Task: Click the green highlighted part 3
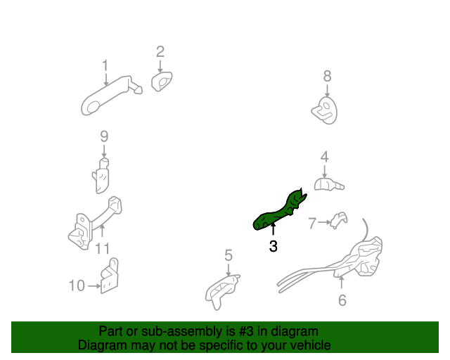click(281, 210)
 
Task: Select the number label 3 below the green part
click(273, 247)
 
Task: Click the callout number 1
click(105, 65)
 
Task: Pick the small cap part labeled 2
click(162, 82)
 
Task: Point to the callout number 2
click(160, 51)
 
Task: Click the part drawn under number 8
click(324, 108)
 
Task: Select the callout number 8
click(327, 76)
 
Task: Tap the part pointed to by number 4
click(328, 184)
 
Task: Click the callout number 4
click(324, 156)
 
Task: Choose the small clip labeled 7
click(340, 219)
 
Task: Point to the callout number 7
click(312, 224)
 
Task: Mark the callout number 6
click(342, 300)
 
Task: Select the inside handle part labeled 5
click(221, 290)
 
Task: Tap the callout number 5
click(229, 255)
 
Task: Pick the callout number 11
click(103, 248)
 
